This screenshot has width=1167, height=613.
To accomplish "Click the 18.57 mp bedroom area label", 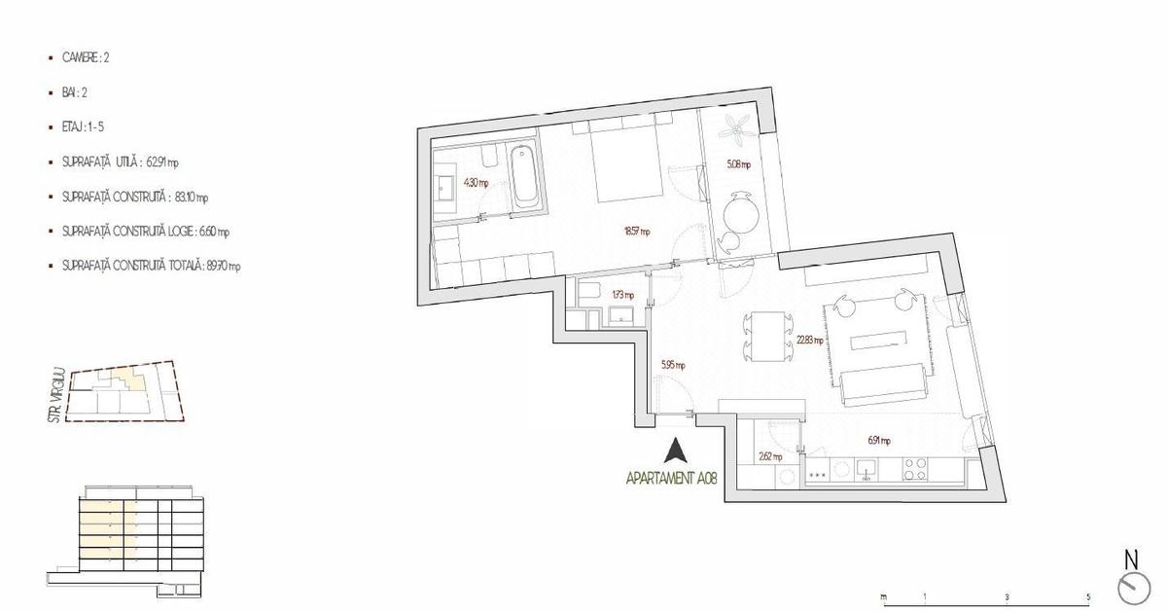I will coord(637,232).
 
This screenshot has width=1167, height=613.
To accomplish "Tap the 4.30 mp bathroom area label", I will coord(476,183).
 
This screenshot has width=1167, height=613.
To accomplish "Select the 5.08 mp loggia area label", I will coord(738,164).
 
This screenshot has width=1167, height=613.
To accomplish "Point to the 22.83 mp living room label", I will coord(810,341).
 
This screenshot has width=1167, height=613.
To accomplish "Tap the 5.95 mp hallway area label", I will coord(673,366).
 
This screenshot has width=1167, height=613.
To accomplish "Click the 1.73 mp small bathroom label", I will coord(622,295).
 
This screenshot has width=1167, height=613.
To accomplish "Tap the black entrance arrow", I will coord(675,451).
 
